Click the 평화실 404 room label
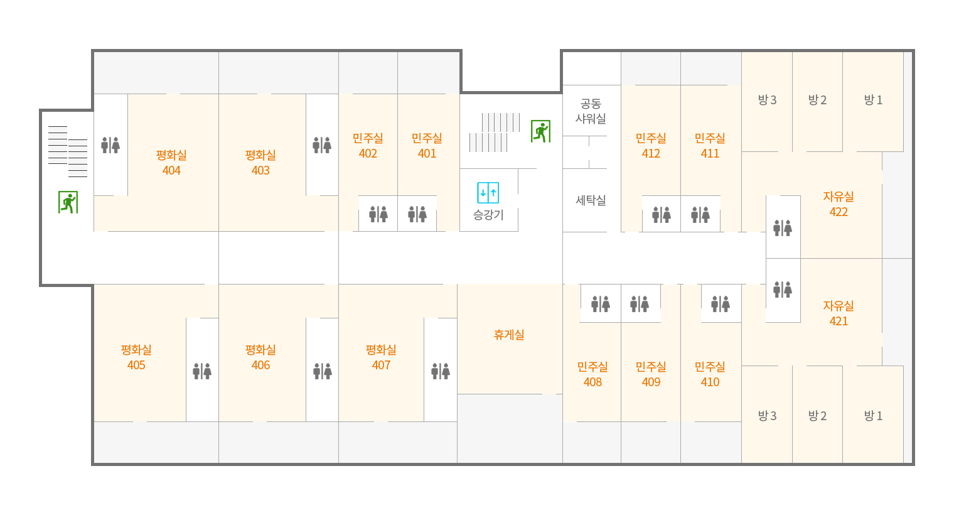(171, 163)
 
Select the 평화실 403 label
(260, 163)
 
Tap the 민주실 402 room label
(368, 146)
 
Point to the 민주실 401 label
(427, 146)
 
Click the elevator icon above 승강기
(488, 193)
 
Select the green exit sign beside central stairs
(540, 131)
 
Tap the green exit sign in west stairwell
(68, 202)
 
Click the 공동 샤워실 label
(591, 111)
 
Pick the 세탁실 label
(591, 200)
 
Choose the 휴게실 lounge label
(509, 335)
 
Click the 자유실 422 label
(839, 204)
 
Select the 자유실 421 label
(839, 313)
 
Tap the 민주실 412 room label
(651, 146)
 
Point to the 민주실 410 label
(710, 374)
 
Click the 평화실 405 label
(136, 357)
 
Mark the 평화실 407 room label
(381, 357)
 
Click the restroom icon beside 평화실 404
(110, 145)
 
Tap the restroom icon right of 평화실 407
(441, 371)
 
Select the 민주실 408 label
(592, 374)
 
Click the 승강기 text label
(488, 215)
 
